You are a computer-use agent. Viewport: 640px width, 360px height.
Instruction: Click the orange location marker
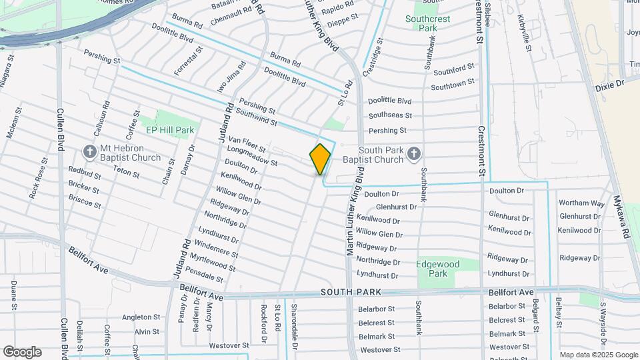[321, 159]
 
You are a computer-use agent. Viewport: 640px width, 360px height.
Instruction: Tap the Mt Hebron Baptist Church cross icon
[89, 152]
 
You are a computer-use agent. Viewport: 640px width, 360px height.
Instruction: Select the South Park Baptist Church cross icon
[413, 154]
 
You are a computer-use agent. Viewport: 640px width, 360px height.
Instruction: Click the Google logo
[22, 352]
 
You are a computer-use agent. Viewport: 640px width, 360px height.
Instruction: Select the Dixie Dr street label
[609, 84]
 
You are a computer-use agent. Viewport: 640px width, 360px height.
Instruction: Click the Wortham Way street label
[581, 203]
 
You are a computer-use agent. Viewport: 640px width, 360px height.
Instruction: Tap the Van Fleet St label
[247, 144]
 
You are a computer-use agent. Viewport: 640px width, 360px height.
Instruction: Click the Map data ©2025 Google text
[598, 355]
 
